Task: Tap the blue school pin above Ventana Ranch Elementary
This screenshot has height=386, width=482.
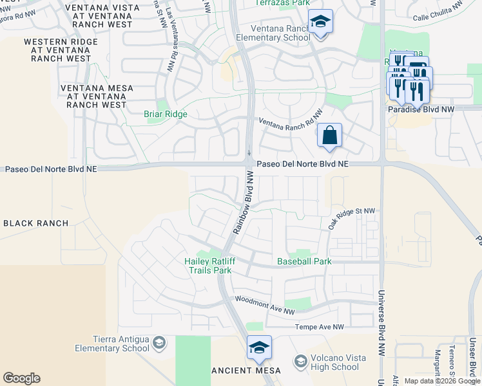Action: pos(320,22)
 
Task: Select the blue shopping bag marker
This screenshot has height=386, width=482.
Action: pos(329,136)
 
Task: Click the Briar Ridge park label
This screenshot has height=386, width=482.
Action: pos(165,115)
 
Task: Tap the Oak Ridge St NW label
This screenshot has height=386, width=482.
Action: pos(351,219)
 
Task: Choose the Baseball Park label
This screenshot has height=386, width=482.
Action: pos(304,262)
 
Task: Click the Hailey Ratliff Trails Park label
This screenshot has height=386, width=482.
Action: pos(207,266)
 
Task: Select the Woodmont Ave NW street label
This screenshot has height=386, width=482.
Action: pos(265,305)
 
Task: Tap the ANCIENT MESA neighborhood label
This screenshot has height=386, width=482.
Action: pos(247,371)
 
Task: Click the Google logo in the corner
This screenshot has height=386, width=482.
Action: pos(21,378)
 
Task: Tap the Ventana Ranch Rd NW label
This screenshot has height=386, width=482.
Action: pos(291,118)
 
